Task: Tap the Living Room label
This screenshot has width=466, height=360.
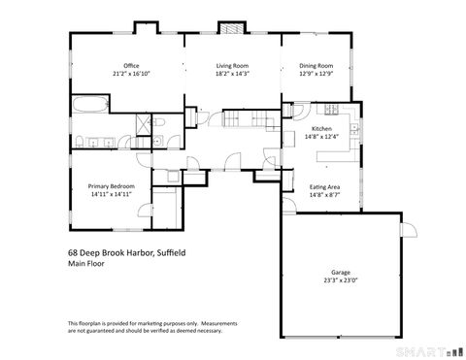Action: pyautogui.click(x=231, y=66)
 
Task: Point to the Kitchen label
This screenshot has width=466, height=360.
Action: pyautogui.click(x=321, y=129)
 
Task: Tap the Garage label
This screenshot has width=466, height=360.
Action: pyautogui.click(x=340, y=273)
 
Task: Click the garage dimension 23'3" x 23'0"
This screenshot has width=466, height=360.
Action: pyautogui.click(x=340, y=281)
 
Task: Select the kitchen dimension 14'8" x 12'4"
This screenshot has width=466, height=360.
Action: pyautogui.click(x=321, y=138)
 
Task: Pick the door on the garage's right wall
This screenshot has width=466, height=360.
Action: pyautogui.click(x=409, y=229)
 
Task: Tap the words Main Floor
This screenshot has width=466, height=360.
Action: pyautogui.click(x=86, y=263)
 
